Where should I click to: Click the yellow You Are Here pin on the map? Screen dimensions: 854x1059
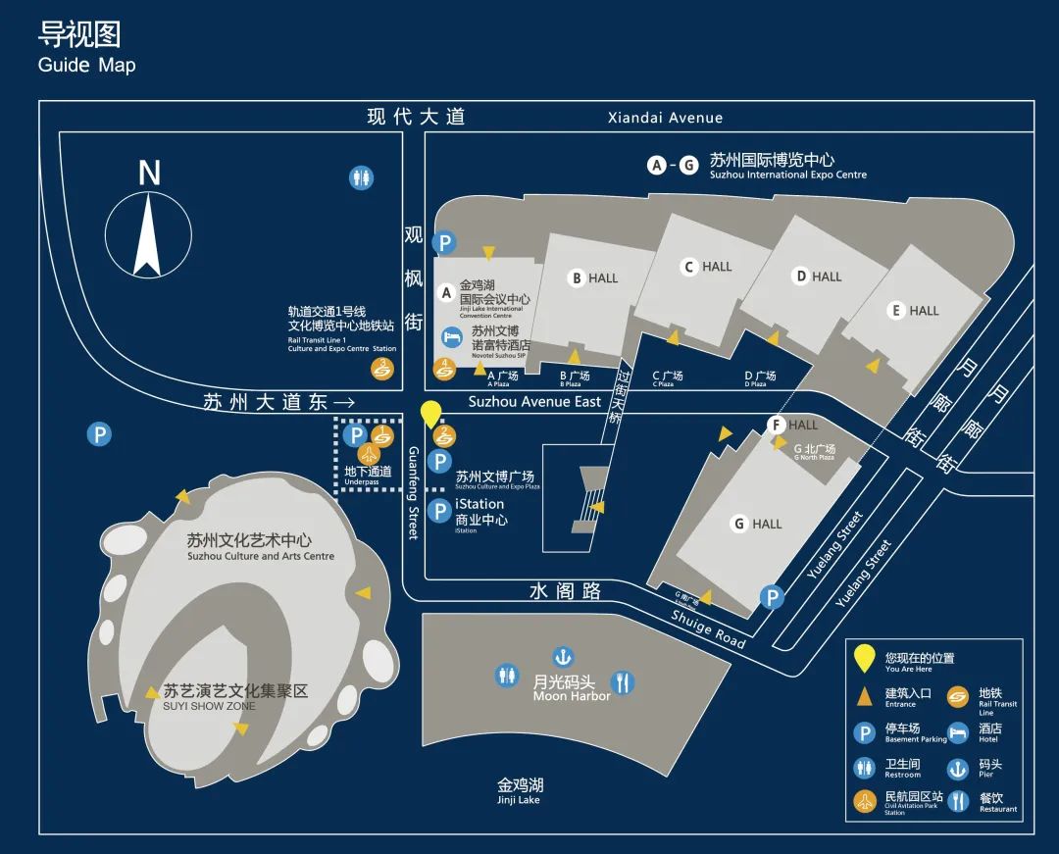click(430, 415)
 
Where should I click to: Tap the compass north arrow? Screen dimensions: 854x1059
click(147, 235)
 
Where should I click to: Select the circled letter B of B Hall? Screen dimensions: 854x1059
click(577, 278)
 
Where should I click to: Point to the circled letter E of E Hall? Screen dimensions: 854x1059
click(895, 311)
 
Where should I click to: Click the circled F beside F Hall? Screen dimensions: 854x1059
click(777, 425)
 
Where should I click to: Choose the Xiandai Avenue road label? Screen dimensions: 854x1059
click(665, 118)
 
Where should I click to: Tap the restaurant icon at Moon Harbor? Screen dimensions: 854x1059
click(623, 681)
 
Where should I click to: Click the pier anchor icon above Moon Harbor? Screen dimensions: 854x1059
click(563, 656)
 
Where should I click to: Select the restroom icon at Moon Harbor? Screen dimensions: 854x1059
click(506, 676)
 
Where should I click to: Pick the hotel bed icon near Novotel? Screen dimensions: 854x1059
click(451, 337)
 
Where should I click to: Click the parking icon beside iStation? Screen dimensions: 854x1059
click(441, 511)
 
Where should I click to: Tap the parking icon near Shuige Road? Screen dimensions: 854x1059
click(773, 597)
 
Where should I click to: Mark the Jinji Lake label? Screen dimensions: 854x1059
click(520, 790)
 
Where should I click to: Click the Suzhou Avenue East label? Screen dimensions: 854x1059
click(534, 402)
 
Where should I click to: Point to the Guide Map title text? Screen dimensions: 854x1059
click(86, 66)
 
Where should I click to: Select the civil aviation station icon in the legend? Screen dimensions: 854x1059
click(865, 801)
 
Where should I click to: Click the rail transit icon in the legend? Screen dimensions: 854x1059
click(958, 698)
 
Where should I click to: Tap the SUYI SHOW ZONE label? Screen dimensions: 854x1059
click(209, 706)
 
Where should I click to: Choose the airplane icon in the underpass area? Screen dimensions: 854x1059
click(370, 453)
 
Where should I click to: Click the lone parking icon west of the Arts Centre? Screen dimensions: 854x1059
click(99, 434)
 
